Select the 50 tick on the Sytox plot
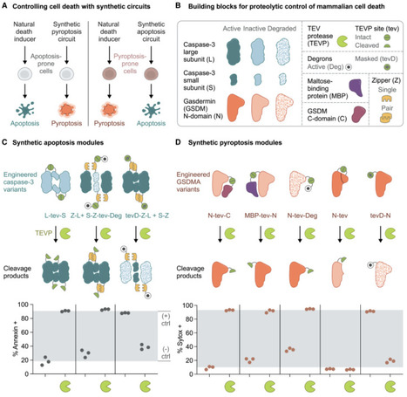[x=228, y=341]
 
